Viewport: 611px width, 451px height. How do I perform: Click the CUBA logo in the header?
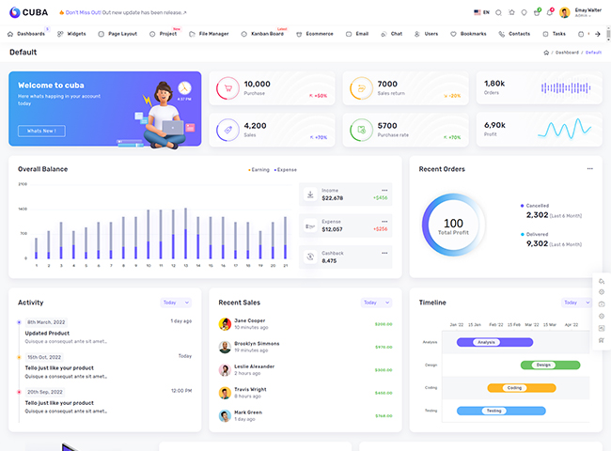click(x=27, y=12)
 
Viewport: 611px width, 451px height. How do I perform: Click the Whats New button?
click(x=41, y=131)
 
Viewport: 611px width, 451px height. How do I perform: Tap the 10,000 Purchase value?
click(x=257, y=84)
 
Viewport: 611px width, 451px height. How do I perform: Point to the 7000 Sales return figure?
click(x=387, y=84)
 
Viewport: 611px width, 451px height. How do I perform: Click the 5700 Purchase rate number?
click(x=387, y=125)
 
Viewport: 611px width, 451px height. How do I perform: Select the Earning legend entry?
click(x=258, y=170)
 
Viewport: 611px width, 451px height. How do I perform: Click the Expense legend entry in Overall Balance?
click(x=286, y=170)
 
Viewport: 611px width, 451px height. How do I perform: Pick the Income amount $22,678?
click(x=333, y=198)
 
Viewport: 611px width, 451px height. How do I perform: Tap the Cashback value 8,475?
click(x=329, y=260)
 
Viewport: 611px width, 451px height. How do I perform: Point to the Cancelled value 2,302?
click(x=537, y=214)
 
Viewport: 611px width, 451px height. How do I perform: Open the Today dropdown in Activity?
click(x=176, y=303)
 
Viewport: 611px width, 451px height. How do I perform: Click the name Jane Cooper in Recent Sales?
click(x=250, y=320)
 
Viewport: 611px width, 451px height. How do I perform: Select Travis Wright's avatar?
click(x=225, y=393)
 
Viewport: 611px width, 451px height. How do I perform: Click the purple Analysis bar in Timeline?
click(x=495, y=342)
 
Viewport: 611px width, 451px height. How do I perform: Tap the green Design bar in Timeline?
click(x=551, y=365)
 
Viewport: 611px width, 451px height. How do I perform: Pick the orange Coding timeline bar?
click(x=522, y=387)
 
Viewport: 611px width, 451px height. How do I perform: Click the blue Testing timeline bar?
click(x=501, y=411)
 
